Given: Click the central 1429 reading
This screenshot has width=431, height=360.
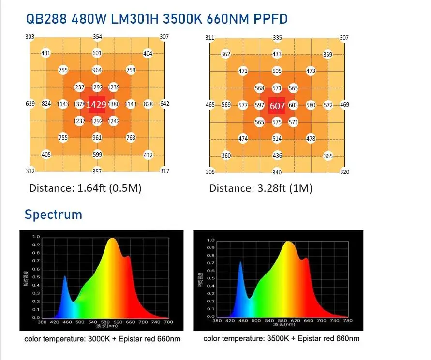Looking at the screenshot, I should point(97,104).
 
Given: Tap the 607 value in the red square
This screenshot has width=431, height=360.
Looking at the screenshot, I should point(277,106).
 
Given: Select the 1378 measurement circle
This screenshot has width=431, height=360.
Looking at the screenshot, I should point(80,104).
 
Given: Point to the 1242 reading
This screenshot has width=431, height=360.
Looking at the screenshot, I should point(114,121).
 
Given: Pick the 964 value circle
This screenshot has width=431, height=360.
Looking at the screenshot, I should point(97,70).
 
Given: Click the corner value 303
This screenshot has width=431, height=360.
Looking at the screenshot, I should point(30,37).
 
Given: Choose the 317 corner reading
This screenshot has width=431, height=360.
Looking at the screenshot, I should point(164,171).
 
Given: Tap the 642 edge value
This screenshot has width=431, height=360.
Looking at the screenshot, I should point(164,104).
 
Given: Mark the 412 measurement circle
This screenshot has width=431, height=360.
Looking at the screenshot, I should point(148,155).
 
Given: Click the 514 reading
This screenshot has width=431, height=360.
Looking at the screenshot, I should point(277,139).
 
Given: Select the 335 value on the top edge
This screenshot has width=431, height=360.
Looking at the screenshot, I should point(277,38).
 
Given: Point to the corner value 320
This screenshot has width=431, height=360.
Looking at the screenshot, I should point(344,172).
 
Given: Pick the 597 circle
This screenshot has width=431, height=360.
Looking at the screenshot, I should point(260,105).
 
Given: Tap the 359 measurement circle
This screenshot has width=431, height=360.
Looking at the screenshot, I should point(327,55).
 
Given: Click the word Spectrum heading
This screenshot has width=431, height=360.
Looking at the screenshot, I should point(53,214).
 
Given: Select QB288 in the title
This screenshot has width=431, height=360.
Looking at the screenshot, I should point(47,20).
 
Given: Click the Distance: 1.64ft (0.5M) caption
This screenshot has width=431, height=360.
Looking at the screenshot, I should point(85,188).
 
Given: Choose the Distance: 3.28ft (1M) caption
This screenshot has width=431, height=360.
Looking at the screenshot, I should point(261,188).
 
